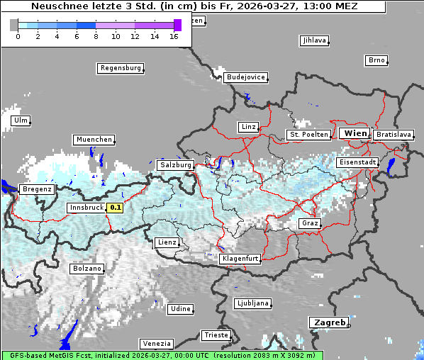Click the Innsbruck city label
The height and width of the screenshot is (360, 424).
[x=86, y=208]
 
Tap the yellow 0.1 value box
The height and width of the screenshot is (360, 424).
[x=115, y=208]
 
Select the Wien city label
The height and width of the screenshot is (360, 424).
[x=355, y=133]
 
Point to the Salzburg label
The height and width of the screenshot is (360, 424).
[x=176, y=164]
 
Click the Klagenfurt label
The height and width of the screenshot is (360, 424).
[x=240, y=259]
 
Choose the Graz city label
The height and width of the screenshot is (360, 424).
[x=309, y=223]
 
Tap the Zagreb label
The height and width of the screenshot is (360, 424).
[x=329, y=322]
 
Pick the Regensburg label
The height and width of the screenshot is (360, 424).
[x=120, y=68]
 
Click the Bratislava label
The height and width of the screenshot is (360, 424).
[x=394, y=134]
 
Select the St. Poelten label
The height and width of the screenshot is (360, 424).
[x=308, y=134]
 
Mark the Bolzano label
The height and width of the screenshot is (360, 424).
[x=87, y=269]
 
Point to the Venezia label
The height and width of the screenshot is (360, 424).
[x=155, y=343]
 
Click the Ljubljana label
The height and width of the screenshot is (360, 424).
[x=252, y=303]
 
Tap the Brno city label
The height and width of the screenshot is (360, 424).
[x=376, y=60]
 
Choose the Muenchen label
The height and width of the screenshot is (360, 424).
[x=94, y=140]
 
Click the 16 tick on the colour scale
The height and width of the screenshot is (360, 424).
[x=174, y=36]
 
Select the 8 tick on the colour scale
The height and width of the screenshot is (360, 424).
[x=96, y=36]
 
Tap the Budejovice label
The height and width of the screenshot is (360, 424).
[x=245, y=77]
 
